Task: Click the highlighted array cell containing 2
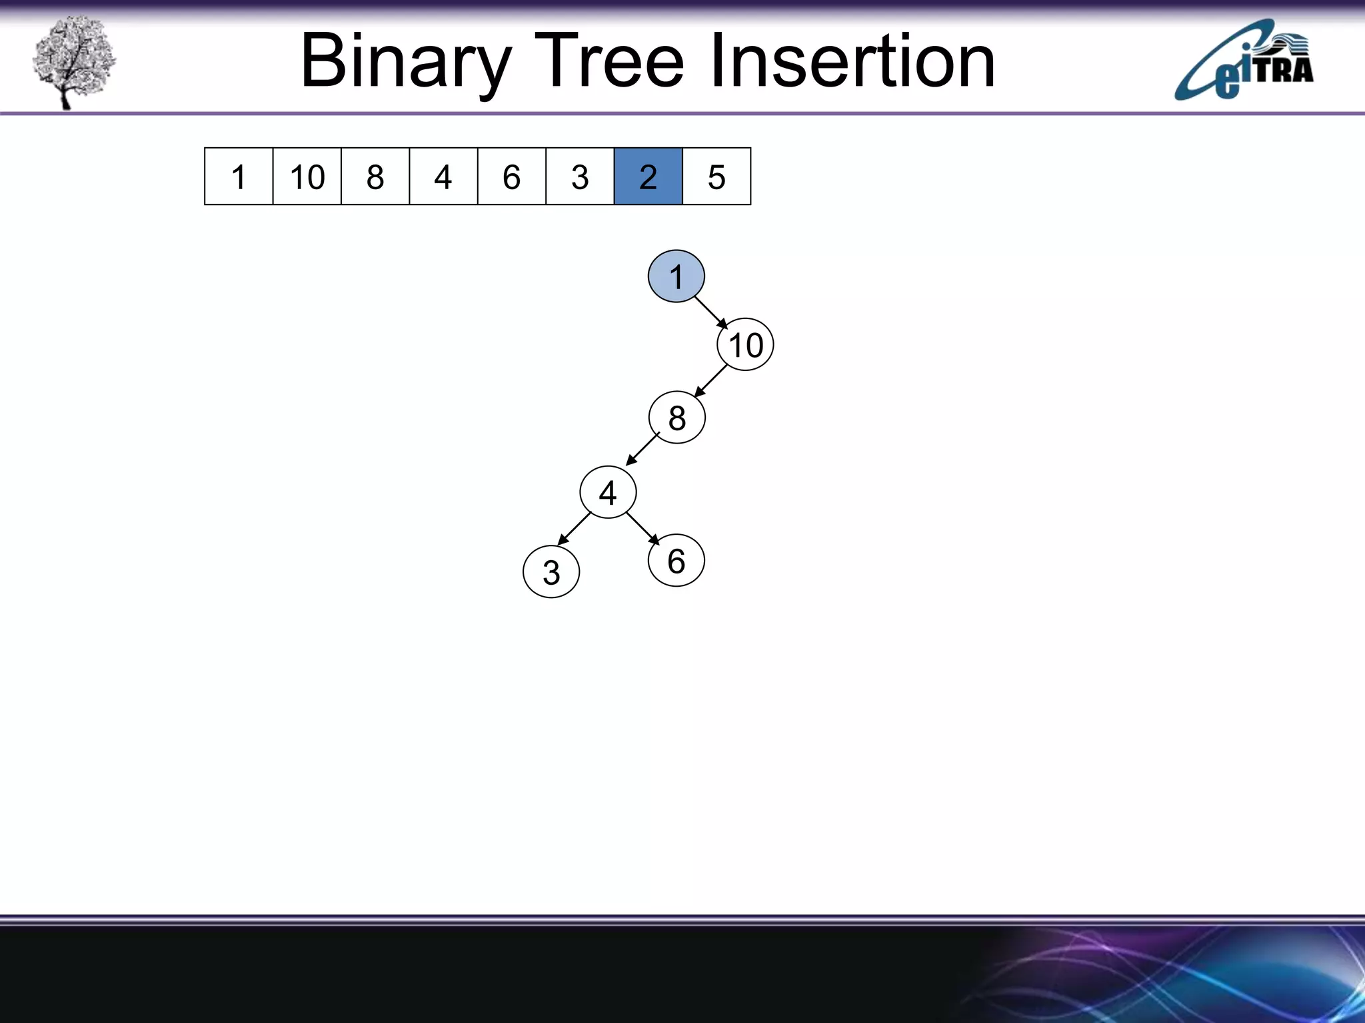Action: (x=648, y=176)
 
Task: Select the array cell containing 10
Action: (x=307, y=176)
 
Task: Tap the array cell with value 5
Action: (x=716, y=176)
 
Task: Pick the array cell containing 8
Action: (x=375, y=176)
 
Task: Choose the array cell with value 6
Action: (x=511, y=176)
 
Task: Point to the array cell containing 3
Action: (x=580, y=176)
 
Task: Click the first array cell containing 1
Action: (x=239, y=176)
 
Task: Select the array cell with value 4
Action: (x=443, y=176)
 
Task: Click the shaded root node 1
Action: (x=676, y=276)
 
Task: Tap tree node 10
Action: (x=745, y=345)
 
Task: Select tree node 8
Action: (x=677, y=418)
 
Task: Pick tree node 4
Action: (x=608, y=493)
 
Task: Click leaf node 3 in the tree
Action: (x=551, y=572)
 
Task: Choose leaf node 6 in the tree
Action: (x=676, y=561)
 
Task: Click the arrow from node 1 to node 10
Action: (x=710, y=312)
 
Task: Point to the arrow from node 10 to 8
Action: (x=710, y=382)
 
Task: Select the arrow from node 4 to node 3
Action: (x=574, y=529)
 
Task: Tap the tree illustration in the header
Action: (x=74, y=61)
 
